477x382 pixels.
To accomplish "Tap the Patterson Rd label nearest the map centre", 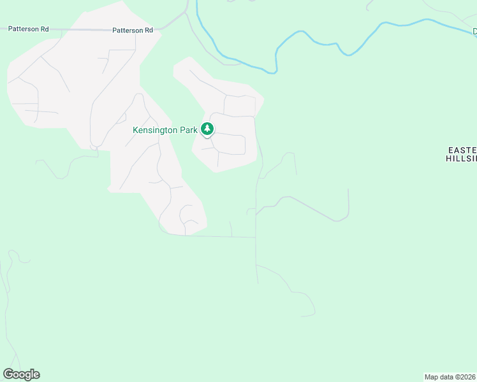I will [133, 30].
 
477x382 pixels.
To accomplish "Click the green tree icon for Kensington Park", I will [207, 129].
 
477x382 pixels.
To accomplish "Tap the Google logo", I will [21, 374].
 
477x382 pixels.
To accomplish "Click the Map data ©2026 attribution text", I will [450, 377].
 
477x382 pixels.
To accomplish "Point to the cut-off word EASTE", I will [462, 150].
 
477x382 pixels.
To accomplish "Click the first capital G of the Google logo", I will [8, 374].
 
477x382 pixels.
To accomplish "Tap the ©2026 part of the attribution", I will [464, 377].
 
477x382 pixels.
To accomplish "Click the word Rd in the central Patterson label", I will [149, 30].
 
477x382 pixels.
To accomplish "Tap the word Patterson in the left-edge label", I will [20, 29].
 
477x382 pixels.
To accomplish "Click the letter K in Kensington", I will [135, 130].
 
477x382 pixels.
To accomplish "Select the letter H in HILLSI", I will [449, 159].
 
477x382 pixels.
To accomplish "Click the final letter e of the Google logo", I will [36, 374].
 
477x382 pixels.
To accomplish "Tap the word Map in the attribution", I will [431, 377].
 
